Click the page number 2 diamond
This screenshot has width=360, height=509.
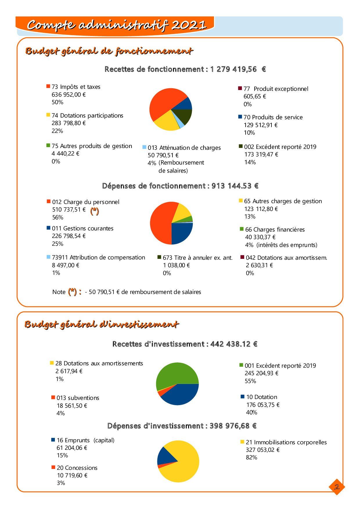click(x=337, y=487)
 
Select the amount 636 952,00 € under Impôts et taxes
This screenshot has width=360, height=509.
click(x=69, y=95)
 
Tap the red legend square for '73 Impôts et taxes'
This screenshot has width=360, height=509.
click(x=48, y=86)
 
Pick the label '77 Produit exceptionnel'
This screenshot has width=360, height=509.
click(x=276, y=89)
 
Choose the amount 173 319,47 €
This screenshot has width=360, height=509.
click(x=261, y=154)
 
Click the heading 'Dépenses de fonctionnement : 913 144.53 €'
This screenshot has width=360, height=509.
click(x=180, y=186)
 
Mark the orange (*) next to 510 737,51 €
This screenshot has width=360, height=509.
click(x=94, y=211)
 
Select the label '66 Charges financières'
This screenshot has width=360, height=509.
click(x=275, y=230)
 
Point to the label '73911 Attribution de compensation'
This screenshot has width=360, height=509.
click(x=98, y=257)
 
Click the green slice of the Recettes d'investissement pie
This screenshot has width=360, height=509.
click(x=177, y=373)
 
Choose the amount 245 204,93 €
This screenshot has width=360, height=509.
click(x=261, y=373)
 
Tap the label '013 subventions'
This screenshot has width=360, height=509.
click(x=78, y=398)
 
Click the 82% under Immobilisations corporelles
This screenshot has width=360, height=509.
click(x=251, y=457)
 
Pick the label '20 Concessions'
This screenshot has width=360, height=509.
click(x=77, y=468)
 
